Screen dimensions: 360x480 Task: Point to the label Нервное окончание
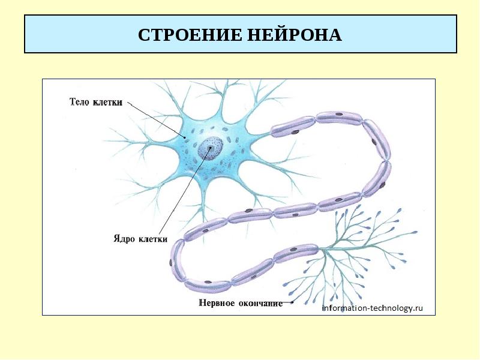click(x=240, y=303)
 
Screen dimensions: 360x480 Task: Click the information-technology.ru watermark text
click(x=373, y=308)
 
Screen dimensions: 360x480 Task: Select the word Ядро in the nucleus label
click(x=124, y=238)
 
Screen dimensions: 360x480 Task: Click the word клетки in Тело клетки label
click(x=108, y=103)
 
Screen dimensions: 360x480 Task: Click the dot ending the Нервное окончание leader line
click(x=292, y=303)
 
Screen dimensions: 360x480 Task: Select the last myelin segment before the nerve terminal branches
click(x=296, y=252)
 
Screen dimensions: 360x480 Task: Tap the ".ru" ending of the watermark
click(x=418, y=308)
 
